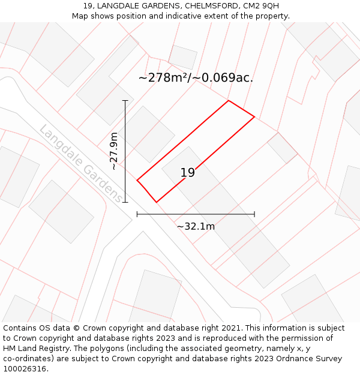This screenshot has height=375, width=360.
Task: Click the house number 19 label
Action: pos(188,173)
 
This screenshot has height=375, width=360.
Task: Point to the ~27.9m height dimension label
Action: pos(114,151)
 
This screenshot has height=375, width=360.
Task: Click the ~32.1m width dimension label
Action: pos(196,226)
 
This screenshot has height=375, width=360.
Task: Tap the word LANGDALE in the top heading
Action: pos(119,6)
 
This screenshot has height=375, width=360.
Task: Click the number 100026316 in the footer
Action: pos(25,369)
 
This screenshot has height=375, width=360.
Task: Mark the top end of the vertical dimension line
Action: pos(125,100)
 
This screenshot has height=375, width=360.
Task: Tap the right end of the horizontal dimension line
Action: pos(254,214)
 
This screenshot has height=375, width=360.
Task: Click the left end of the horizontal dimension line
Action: pos(137,214)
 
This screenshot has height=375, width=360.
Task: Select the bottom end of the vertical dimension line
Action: pos(125,202)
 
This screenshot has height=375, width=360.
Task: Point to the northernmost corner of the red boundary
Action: pos(229,100)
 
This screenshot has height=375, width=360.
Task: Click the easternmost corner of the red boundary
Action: pos(254,116)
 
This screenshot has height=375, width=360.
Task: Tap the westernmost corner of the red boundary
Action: pos(137,180)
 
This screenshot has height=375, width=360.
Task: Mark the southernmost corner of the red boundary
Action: pos(157,202)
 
